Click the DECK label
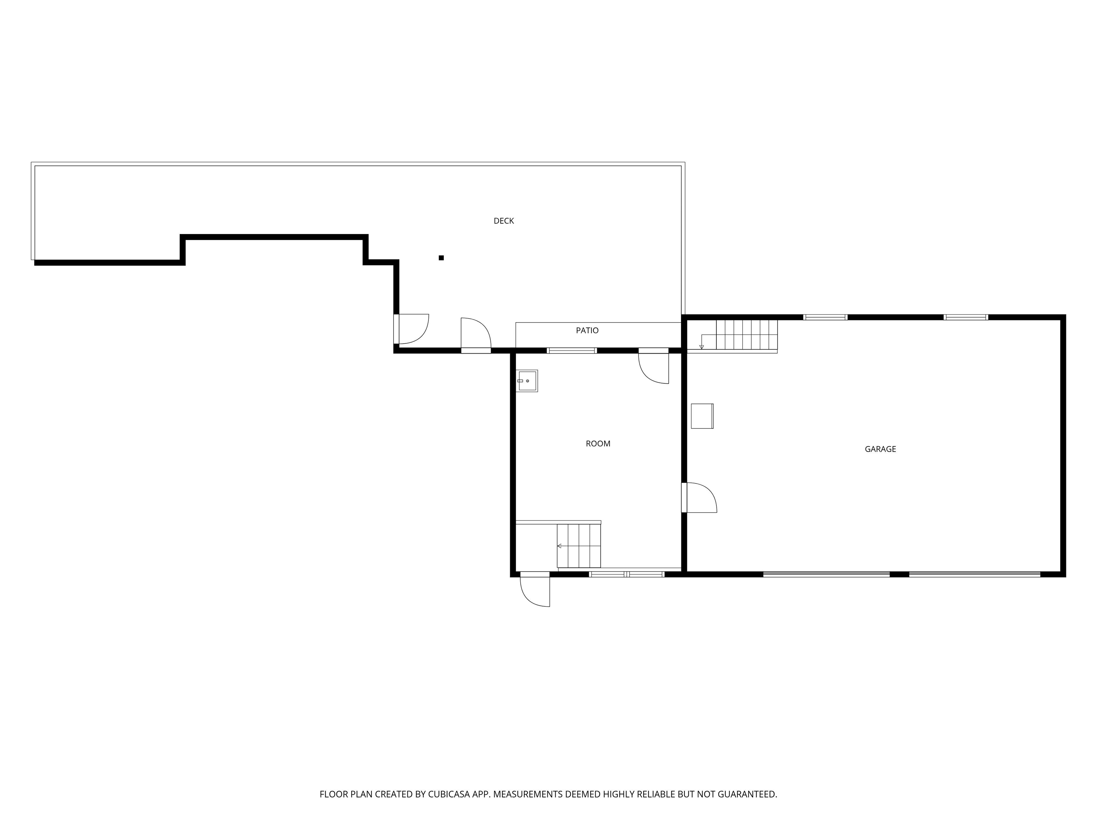click(504, 221)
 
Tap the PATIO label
click(587, 330)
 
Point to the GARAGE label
click(880, 449)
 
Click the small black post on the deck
click(441, 258)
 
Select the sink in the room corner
click(527, 381)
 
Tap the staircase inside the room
click(578, 546)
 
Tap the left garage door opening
click(826, 574)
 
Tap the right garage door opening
click(975, 574)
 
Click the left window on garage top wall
click(825, 317)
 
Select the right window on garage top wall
click(966, 317)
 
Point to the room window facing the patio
click(572, 350)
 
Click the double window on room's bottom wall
click(626, 574)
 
